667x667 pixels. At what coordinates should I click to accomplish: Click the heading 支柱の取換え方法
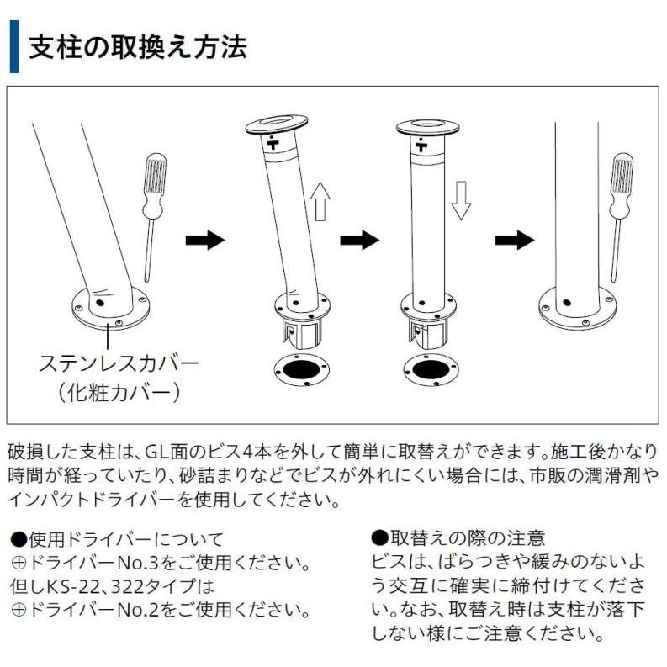click(x=138, y=48)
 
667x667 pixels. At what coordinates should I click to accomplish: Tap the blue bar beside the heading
click(x=13, y=48)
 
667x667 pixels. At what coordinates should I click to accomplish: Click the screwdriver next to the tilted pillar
click(x=154, y=210)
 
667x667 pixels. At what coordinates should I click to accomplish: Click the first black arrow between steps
click(x=204, y=241)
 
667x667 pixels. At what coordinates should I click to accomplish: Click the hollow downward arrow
click(x=460, y=199)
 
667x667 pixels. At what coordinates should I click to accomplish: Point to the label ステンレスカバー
click(x=119, y=365)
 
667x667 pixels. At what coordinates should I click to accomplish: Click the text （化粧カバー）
click(x=119, y=393)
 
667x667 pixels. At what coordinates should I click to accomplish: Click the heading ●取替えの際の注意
click(x=458, y=537)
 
